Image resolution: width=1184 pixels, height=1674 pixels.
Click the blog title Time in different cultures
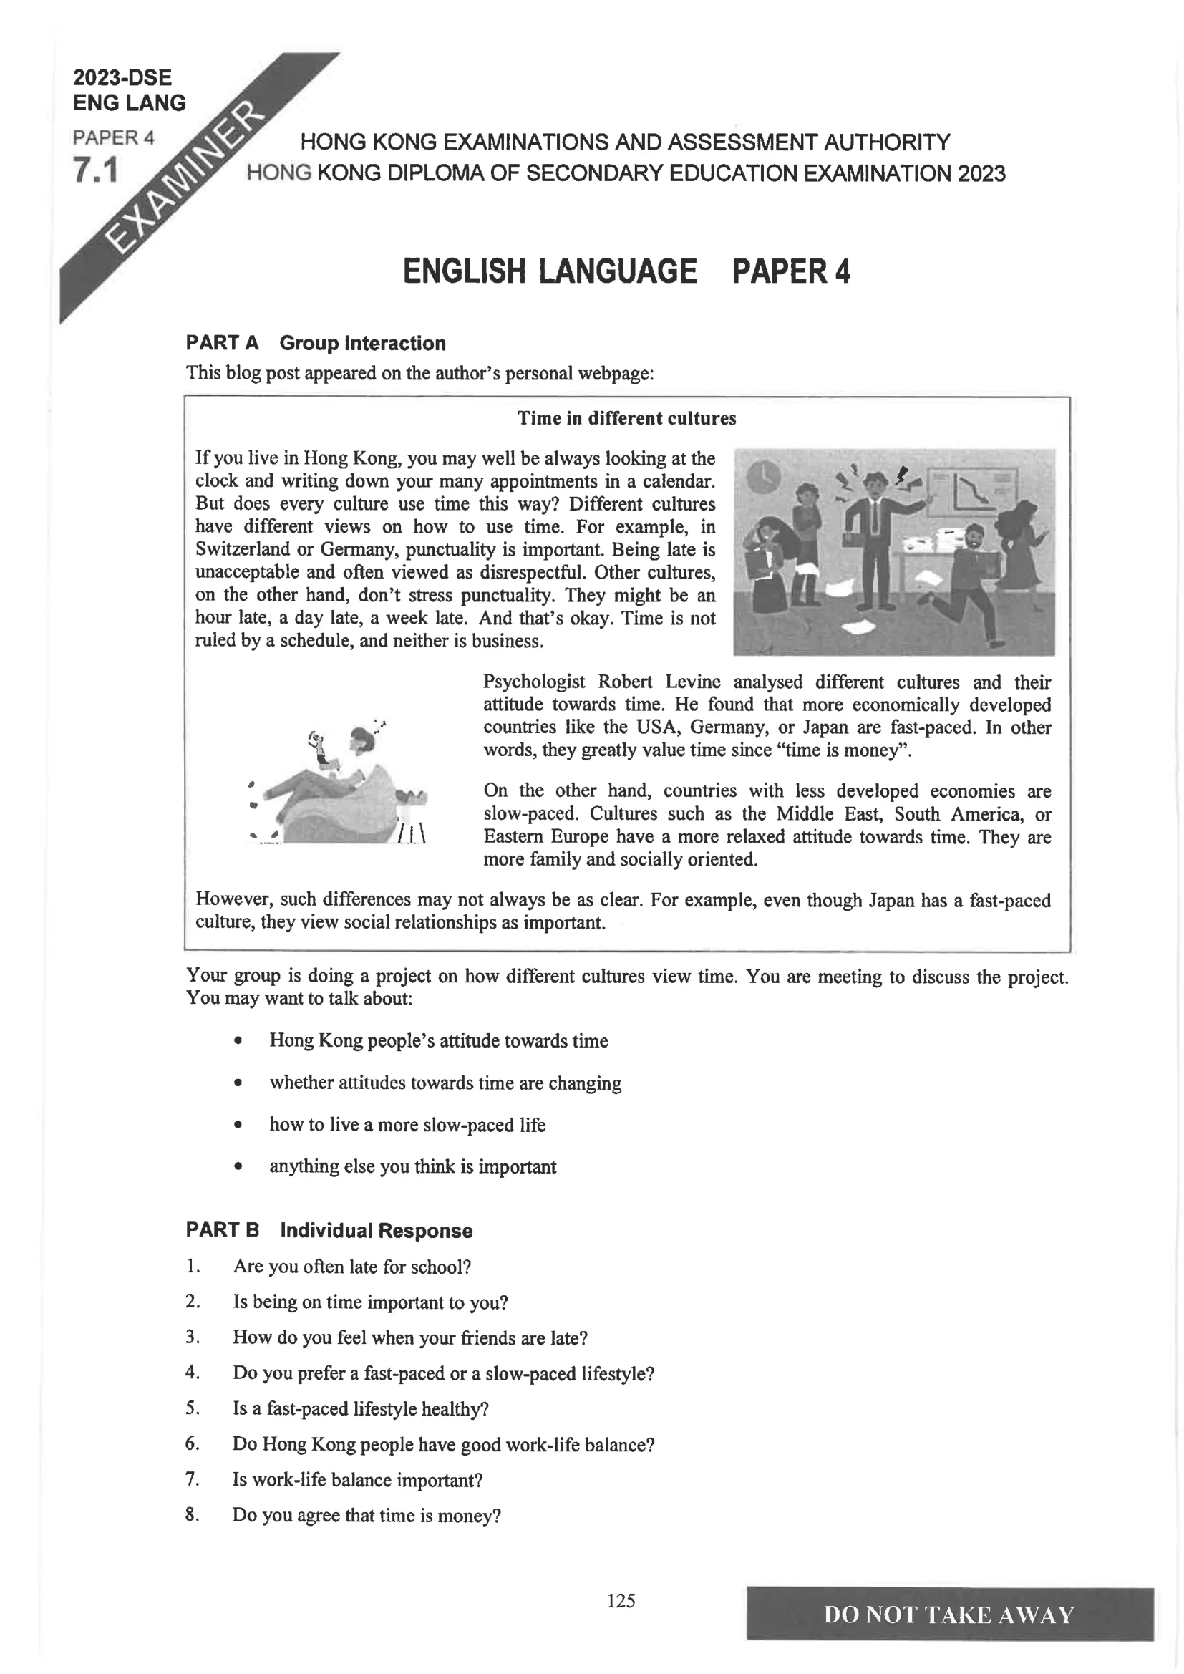click(x=626, y=418)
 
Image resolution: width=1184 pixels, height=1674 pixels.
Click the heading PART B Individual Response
click(x=329, y=1231)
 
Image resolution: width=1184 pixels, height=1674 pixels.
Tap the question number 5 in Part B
click(x=192, y=1408)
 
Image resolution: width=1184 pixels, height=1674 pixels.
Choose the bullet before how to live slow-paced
click(x=238, y=1125)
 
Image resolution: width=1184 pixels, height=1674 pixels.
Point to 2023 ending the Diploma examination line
click(x=981, y=173)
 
